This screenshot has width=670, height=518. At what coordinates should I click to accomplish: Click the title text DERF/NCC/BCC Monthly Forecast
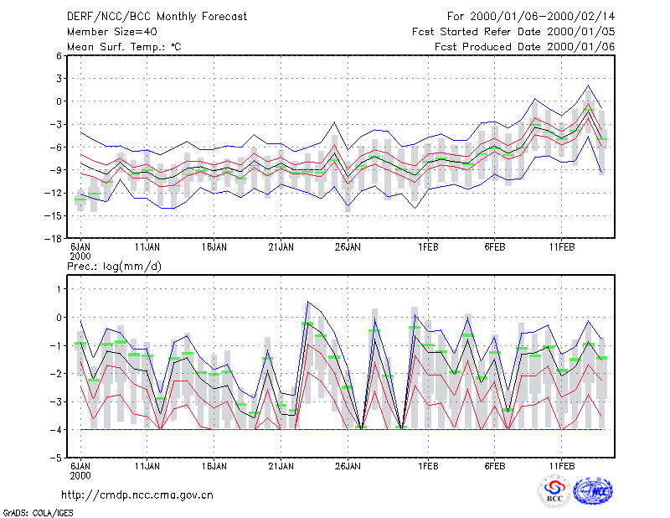[157, 17]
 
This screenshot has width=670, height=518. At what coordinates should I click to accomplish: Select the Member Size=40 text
[112, 32]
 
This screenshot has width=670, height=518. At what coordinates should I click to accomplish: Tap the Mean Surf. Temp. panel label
[124, 47]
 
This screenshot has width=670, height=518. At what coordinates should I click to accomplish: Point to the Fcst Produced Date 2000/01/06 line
[524, 47]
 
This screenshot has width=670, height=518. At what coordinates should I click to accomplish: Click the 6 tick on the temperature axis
[59, 55]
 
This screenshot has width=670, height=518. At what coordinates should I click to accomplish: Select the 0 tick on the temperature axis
[59, 101]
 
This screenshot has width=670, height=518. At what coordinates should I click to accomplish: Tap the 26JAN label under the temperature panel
[348, 247]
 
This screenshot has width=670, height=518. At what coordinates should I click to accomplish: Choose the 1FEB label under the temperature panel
[428, 247]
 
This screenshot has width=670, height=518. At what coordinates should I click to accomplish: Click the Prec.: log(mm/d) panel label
[114, 267]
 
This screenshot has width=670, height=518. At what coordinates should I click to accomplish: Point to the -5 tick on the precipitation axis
[56, 458]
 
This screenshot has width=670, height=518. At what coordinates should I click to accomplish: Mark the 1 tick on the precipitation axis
[59, 289]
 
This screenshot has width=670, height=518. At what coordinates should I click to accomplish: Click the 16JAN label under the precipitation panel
[214, 466]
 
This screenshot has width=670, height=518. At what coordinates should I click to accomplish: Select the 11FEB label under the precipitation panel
[562, 466]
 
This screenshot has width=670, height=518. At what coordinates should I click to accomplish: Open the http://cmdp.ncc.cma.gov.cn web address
[137, 495]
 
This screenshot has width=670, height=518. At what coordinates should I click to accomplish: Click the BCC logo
[554, 491]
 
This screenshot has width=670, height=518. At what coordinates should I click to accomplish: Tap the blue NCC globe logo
[593, 491]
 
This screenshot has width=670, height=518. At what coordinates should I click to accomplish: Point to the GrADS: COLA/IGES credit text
[38, 513]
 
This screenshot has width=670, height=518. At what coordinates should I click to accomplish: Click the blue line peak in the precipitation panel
[308, 302]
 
